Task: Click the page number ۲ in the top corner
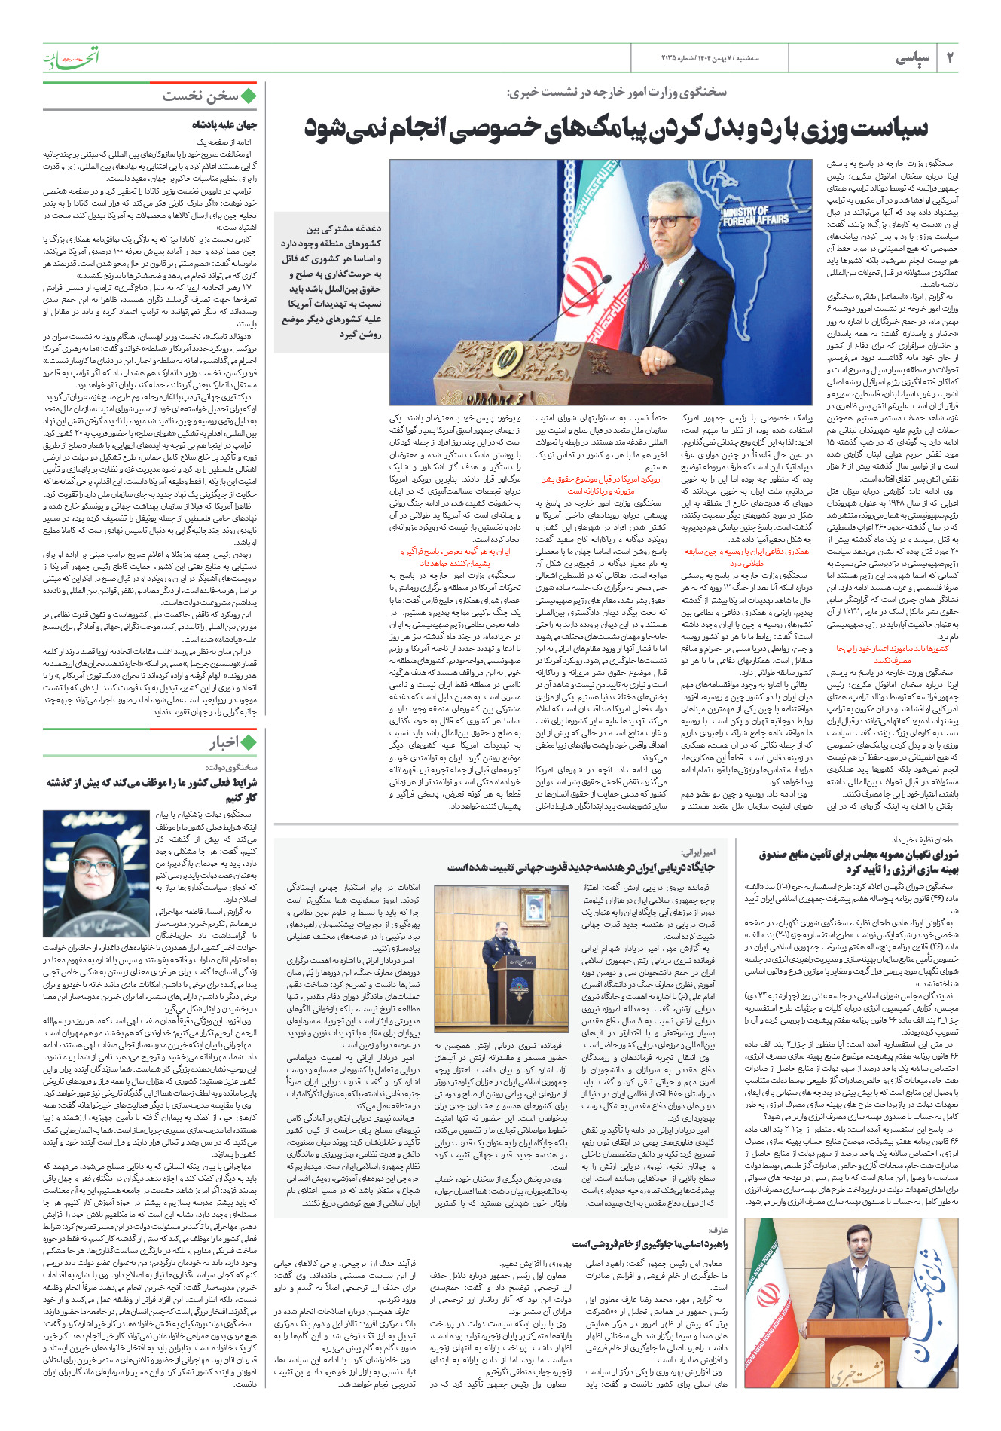(x=950, y=57)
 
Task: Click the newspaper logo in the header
(x=71, y=57)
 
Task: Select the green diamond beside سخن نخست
(x=248, y=96)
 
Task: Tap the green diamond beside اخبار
(x=248, y=742)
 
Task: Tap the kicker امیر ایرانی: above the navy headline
(x=698, y=852)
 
